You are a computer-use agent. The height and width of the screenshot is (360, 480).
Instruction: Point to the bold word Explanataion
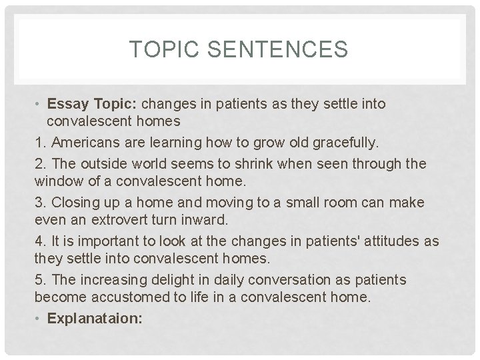[x=94, y=319]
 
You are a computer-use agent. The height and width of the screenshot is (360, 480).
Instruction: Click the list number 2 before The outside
[x=39, y=163]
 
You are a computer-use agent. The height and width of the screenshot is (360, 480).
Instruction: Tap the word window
[x=59, y=181]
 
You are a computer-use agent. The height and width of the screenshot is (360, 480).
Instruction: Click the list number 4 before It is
[x=39, y=240]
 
